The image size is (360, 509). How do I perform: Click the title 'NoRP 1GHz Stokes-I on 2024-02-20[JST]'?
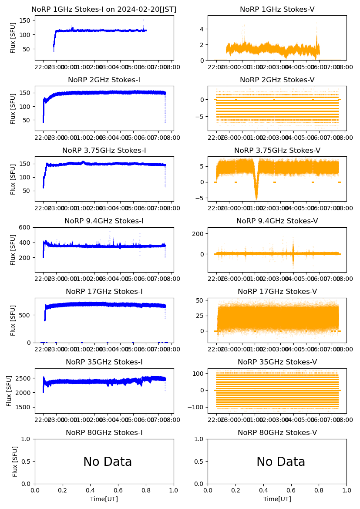104,10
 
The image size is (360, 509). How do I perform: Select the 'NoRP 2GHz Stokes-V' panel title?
277,80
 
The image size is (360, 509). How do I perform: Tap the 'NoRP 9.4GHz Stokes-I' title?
104,221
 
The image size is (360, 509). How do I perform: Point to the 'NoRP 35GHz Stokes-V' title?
277,362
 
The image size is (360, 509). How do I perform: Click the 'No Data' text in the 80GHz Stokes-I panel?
108,462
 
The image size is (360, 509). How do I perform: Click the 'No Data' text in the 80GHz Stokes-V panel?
281,462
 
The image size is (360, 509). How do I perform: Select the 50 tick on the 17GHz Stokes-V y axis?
201,301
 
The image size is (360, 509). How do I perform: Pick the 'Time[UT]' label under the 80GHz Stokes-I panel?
104,499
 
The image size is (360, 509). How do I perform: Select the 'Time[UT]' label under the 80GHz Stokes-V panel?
277,499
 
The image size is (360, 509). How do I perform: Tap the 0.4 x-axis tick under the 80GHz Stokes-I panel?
91,491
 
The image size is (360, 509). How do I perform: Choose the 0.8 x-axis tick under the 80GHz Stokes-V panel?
319,491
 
